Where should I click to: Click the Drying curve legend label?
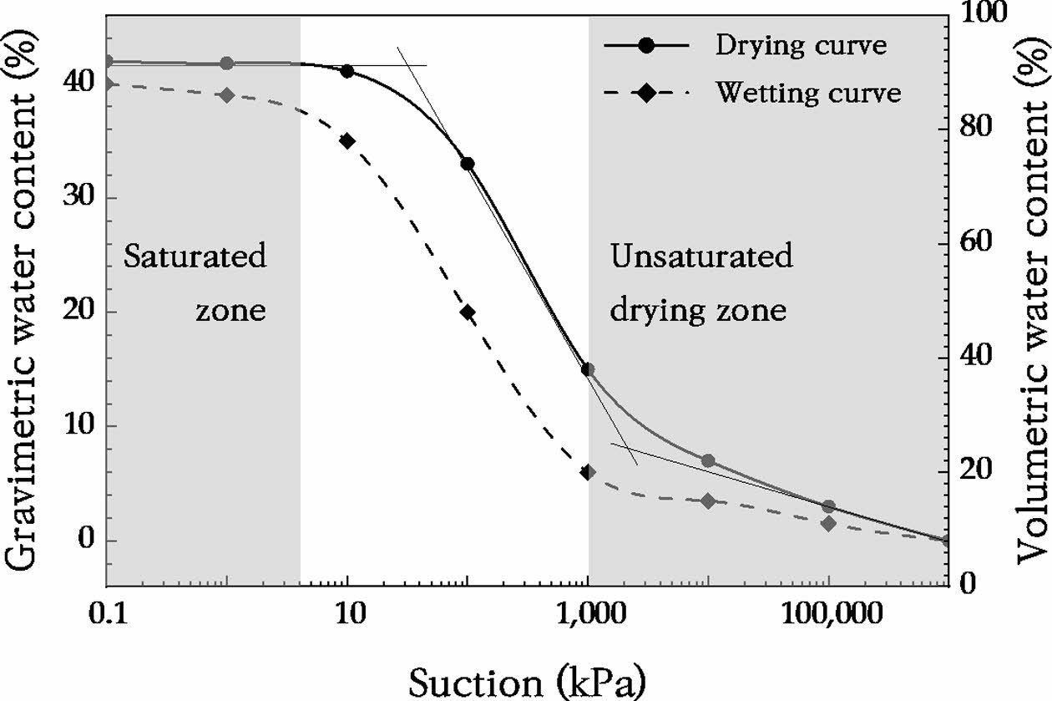coord(800,45)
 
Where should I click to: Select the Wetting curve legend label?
coord(807,92)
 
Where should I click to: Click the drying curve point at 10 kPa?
coord(347,71)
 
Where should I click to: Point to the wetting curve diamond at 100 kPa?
coord(468,312)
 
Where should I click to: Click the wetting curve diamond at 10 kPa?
coord(347,140)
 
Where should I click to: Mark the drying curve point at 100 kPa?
coord(468,164)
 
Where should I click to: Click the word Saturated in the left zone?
coord(195,257)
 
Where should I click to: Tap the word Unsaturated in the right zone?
coord(701,257)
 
